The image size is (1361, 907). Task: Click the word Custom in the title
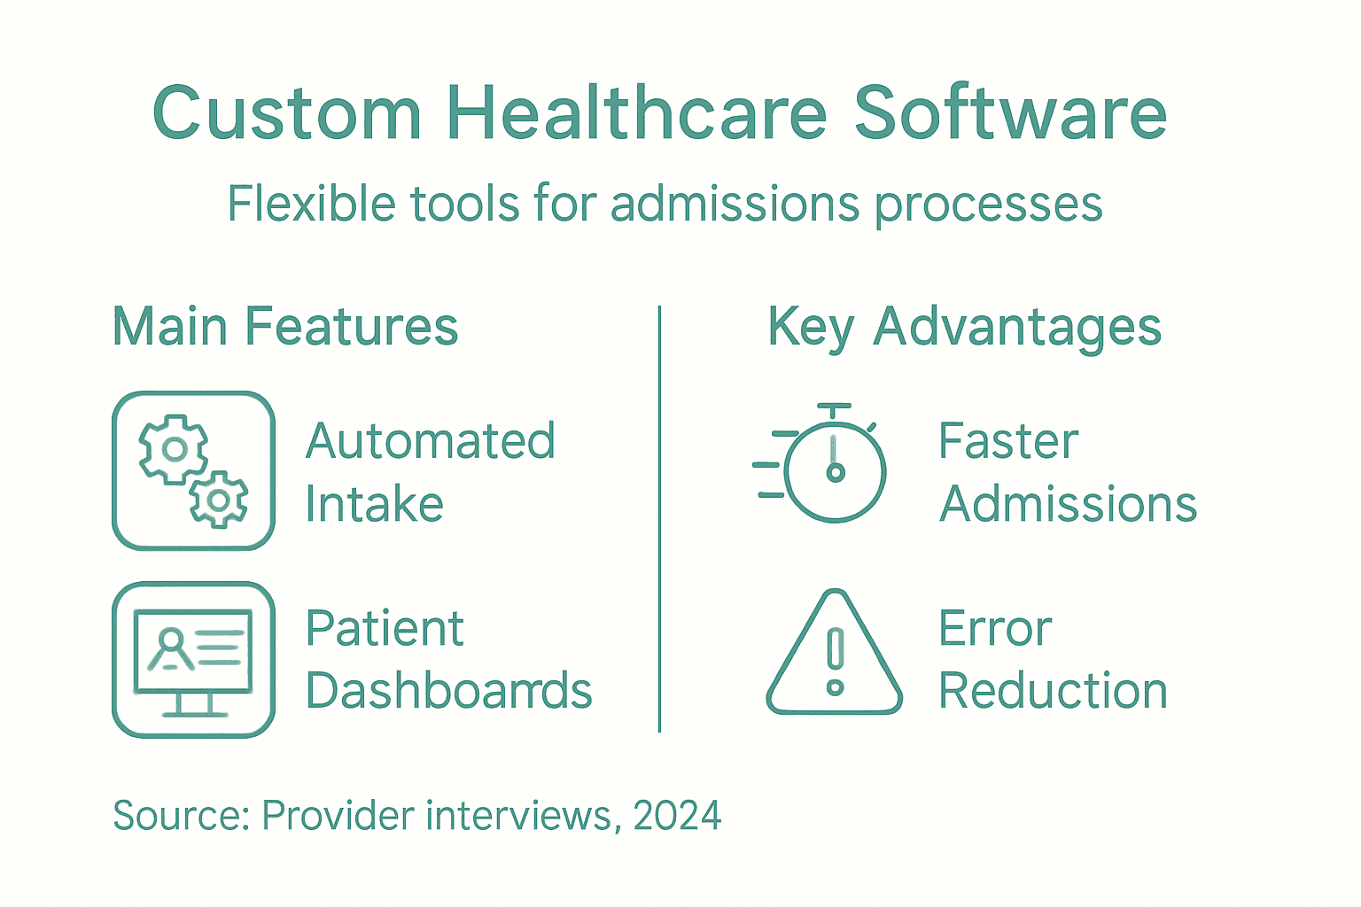coord(286,113)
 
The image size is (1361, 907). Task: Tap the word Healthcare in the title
coord(636,113)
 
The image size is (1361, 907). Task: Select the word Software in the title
coord(1010,113)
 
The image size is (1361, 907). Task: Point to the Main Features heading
coord(285,326)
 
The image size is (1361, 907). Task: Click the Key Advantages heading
coord(964,328)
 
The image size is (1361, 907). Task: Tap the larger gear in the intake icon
coord(174,449)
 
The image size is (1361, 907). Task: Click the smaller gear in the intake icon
coord(219,500)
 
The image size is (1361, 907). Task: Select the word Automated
coord(431,441)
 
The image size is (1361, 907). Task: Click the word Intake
coord(374,505)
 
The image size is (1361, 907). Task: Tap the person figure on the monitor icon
coord(169,648)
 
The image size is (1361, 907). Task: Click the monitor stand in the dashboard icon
coord(193,705)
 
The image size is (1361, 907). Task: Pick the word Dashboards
coord(448,691)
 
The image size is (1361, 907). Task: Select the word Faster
coord(1008,441)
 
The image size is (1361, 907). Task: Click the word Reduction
coord(1053,691)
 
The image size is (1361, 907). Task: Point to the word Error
coord(995,629)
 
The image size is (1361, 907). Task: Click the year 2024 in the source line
coord(677,816)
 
